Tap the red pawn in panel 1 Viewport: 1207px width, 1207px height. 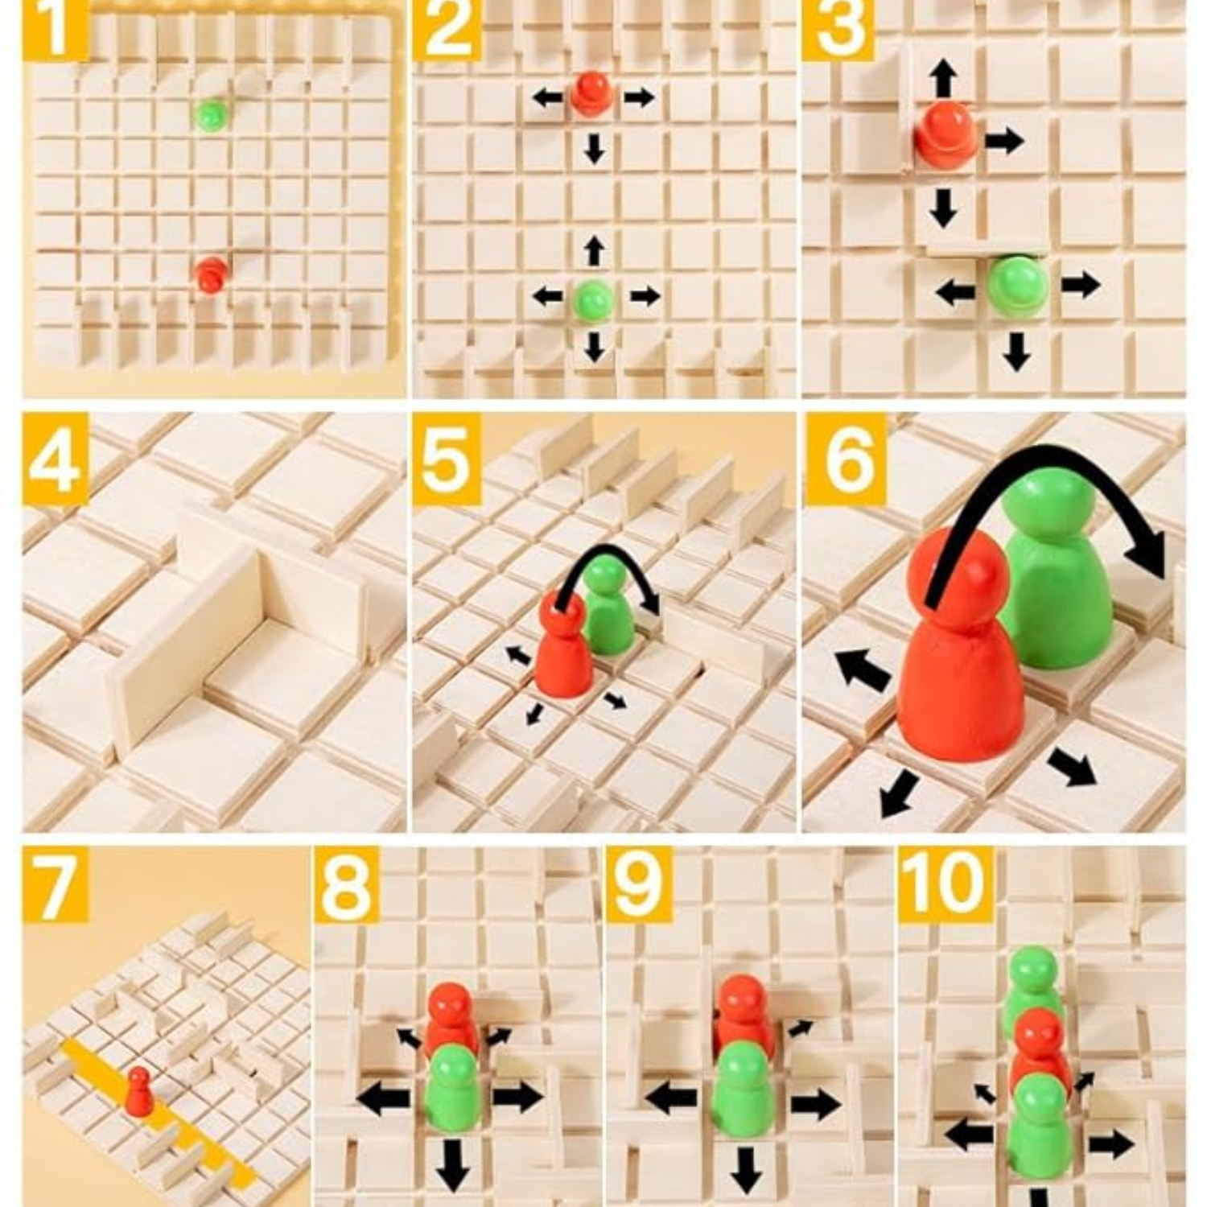tap(212, 274)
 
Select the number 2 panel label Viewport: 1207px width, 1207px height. tap(447, 30)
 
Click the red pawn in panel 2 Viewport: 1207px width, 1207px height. tap(592, 93)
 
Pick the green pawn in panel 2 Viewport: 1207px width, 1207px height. tap(594, 300)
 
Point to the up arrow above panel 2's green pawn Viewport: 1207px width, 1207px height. tap(594, 250)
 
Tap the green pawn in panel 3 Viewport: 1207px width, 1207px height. tap(1018, 286)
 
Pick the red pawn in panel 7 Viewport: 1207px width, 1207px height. tap(139, 1092)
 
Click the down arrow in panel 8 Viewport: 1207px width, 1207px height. tap(454, 1164)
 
